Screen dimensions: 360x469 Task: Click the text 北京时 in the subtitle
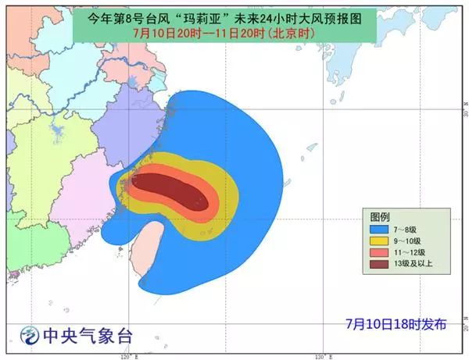click(290, 34)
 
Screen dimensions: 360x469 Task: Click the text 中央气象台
click(88, 337)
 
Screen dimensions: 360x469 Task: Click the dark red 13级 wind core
click(168, 192)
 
